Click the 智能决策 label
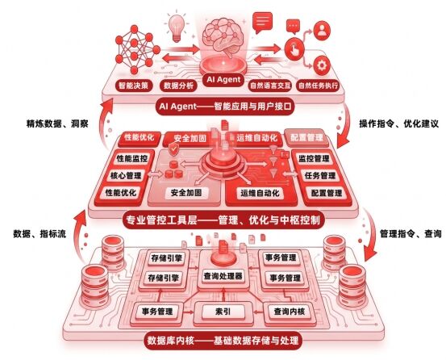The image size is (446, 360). click(x=133, y=86)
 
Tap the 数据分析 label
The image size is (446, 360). click(x=178, y=86)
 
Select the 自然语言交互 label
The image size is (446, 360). click(x=270, y=86)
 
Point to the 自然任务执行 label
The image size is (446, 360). click(x=319, y=86)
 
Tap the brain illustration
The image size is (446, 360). click(x=223, y=36)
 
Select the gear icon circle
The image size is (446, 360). click(x=322, y=65)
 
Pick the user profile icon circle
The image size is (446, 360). click(x=322, y=30)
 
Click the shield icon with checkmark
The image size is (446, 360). click(x=173, y=149)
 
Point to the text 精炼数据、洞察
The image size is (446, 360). click(x=57, y=123)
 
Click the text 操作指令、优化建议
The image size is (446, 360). click(x=398, y=123)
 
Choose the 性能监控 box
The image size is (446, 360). click(x=132, y=158)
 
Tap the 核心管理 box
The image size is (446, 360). click(x=126, y=176)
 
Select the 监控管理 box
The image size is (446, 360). click(x=314, y=158)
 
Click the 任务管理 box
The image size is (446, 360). click(x=320, y=176)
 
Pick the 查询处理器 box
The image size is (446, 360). click(x=223, y=276)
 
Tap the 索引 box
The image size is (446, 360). click(x=223, y=312)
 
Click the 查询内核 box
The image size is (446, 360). click(x=290, y=312)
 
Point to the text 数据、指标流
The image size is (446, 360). click(x=40, y=234)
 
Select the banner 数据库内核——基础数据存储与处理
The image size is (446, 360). click(x=223, y=341)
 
